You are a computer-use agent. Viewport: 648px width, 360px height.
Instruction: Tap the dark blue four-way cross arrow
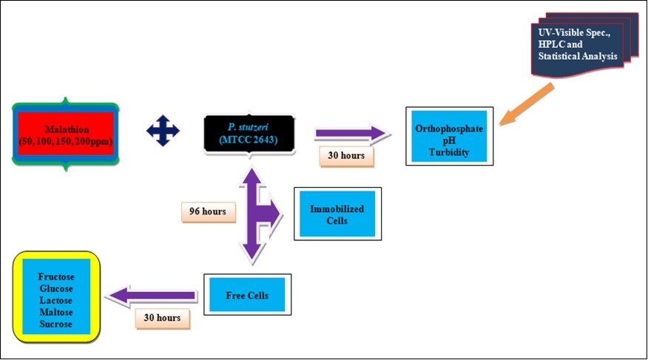(163, 131)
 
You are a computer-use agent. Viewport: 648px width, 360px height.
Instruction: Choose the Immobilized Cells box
(338, 214)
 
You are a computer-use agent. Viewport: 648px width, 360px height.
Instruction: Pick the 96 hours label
(208, 212)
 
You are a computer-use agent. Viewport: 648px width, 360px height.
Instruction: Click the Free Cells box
(247, 296)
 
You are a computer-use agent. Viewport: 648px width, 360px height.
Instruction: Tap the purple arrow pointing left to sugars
(152, 296)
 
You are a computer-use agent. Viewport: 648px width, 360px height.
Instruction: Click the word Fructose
(56, 276)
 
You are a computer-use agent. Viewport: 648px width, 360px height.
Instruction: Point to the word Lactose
(56, 300)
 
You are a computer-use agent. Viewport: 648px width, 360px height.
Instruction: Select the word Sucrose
(56, 324)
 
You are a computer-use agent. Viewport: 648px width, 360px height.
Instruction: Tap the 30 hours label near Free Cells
(162, 319)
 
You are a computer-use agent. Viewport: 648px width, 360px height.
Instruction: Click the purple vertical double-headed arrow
(252, 214)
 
